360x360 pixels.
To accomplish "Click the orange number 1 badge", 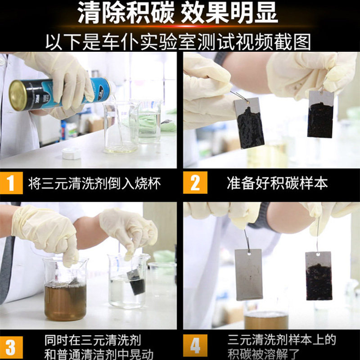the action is point(11,183).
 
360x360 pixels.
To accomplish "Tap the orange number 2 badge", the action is point(195,183).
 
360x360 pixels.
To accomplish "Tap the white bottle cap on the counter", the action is point(72,153).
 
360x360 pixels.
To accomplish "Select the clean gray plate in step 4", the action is point(249,274).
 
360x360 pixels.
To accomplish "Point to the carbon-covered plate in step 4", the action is point(319,276).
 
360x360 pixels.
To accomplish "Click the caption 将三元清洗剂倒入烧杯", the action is point(94,183).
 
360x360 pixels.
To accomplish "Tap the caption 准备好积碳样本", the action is point(277,183).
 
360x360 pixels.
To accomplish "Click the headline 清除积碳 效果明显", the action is point(178,13).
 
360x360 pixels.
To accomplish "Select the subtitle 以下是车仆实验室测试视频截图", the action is point(178,42).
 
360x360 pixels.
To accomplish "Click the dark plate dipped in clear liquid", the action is point(136,282).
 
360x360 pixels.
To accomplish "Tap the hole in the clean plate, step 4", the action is point(249,253).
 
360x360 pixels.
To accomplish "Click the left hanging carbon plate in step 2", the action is point(249,123).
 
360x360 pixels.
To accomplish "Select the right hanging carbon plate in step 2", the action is point(320,114).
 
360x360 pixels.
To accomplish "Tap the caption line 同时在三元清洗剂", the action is point(93,340).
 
